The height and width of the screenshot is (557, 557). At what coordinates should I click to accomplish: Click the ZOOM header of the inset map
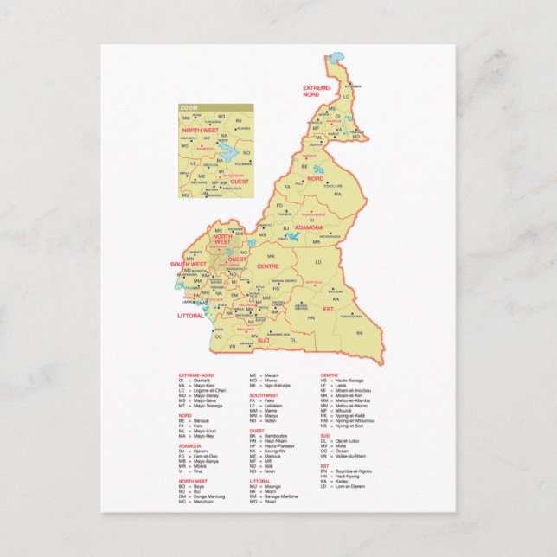189,108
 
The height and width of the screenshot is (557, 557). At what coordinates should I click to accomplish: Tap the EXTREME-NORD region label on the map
316,91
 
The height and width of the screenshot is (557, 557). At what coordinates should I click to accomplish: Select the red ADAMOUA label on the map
309,227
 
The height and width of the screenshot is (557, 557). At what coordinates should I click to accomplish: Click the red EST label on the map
328,309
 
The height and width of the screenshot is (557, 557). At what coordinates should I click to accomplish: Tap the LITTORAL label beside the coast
189,316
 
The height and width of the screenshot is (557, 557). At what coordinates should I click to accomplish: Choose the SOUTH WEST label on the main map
188,264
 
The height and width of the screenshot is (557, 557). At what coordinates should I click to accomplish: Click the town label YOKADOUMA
350,317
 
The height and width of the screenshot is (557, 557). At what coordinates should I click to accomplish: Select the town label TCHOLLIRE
333,186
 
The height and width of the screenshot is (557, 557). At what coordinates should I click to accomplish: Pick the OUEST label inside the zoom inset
240,181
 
